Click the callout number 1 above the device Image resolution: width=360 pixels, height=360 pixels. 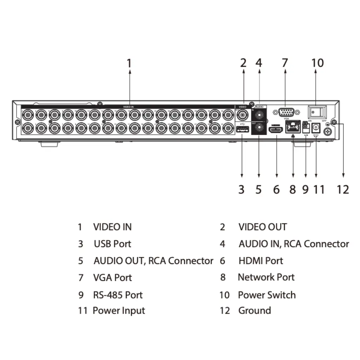pos(129,63)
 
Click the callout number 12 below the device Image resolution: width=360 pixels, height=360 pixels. pos(342,189)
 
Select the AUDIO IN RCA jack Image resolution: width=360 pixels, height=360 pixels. pos(259,114)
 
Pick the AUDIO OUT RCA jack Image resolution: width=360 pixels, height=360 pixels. pos(259,127)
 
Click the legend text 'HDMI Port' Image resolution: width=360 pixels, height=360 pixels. pos(261,261)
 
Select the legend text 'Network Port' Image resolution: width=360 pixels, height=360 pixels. pos(266,277)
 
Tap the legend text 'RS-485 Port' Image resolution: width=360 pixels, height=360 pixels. pos(118,295)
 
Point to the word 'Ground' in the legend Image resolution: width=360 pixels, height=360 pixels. pos(255,310)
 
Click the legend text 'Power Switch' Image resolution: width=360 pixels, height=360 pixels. pos(267,295)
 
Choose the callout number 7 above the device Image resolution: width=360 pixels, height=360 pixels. pos(285,63)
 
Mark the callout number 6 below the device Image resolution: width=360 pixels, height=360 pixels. pos(277,189)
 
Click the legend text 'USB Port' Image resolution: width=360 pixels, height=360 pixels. pos(112,244)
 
